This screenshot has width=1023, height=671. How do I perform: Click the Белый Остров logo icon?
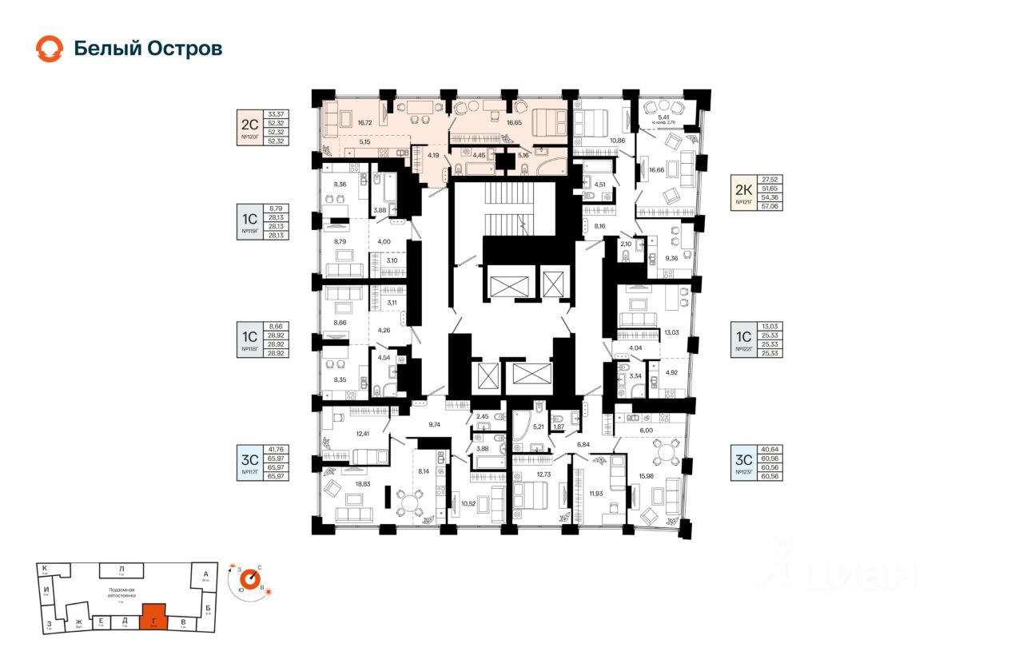point(49,49)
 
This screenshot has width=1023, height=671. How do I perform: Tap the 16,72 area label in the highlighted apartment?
point(365,123)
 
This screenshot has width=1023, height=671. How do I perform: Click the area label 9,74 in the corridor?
point(435,423)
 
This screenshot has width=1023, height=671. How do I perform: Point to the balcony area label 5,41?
point(663,117)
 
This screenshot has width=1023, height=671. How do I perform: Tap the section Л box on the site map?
point(121,570)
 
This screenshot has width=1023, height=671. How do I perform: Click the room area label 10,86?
point(616,141)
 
